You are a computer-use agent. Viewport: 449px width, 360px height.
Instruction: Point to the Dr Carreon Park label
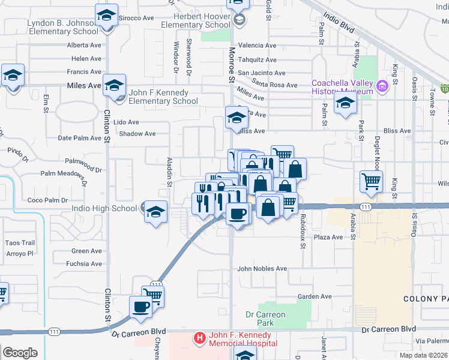coord(266,319)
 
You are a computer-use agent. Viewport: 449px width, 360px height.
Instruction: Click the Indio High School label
coord(104,209)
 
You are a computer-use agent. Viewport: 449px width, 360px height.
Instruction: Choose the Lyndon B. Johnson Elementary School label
coord(63,28)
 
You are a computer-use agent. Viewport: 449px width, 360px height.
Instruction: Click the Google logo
coord(20,353)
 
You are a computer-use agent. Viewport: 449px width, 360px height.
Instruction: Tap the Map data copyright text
coord(424,355)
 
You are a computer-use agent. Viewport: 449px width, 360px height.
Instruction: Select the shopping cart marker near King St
coord(372,181)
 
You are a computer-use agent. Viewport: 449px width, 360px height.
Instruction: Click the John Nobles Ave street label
coord(262,269)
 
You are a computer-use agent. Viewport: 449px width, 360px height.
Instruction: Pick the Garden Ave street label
coord(315,296)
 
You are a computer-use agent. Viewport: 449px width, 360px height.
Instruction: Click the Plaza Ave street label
coord(328,238)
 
